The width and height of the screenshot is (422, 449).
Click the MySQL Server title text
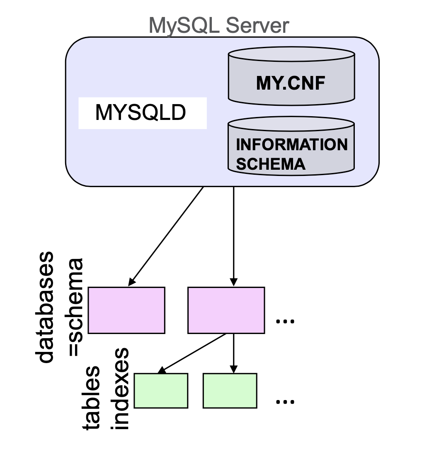pyautogui.click(x=218, y=26)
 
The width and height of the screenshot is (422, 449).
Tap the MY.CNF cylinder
pyautogui.click(x=291, y=79)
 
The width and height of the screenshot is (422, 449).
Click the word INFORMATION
pyautogui.click(x=292, y=145)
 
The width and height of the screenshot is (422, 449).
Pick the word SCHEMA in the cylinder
pyautogui.click(x=271, y=164)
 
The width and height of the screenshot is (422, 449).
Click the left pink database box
pyautogui.click(x=126, y=310)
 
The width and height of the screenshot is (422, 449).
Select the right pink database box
pyautogui.click(x=226, y=310)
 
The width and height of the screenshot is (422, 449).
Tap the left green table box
pyautogui.click(x=161, y=390)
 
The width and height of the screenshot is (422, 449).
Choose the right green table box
pyautogui.click(x=230, y=390)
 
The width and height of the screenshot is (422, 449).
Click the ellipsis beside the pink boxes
pyautogui.click(x=285, y=321)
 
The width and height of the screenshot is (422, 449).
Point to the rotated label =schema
pyautogui.click(x=75, y=307)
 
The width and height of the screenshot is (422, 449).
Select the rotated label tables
pyautogui.click(x=91, y=398)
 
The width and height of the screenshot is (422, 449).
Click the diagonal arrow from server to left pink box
pyautogui.click(x=166, y=237)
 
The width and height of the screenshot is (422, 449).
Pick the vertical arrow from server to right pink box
pyautogui.click(x=234, y=237)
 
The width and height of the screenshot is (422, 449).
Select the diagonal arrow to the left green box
pyautogui.click(x=193, y=353)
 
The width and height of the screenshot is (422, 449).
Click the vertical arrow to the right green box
pyautogui.click(x=234, y=353)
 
